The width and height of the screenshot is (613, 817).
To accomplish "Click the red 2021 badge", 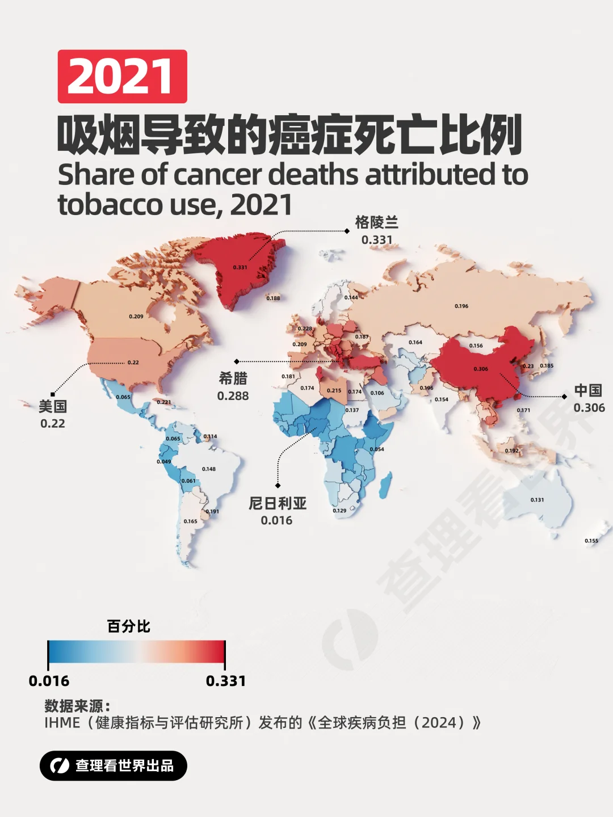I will [122, 77].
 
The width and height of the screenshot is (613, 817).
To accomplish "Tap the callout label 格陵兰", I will [376, 222].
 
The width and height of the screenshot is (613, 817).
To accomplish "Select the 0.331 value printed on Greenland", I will [240, 267].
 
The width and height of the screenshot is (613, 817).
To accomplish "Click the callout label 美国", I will [53, 406].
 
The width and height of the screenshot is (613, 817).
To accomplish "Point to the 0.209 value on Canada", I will [136, 317].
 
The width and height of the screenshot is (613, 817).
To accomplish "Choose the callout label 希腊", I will [233, 378].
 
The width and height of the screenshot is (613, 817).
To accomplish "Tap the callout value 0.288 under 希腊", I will [233, 396].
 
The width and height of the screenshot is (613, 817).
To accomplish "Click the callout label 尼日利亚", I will [278, 503].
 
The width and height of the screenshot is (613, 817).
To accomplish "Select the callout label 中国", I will [588, 390].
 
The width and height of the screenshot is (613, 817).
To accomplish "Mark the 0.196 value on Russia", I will [461, 306].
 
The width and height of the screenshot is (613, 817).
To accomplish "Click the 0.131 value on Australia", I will [537, 500].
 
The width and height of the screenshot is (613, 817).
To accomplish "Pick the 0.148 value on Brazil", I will [209, 469].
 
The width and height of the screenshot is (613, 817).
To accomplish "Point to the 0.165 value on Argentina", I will [191, 521].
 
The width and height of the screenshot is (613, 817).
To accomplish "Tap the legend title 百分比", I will [129, 626].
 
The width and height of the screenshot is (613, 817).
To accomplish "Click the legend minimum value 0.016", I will [49, 681].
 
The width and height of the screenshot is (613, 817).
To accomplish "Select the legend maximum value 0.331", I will [226, 681].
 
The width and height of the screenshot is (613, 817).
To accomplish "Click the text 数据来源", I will [74, 706].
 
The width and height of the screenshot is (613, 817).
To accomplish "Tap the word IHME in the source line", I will [62, 723].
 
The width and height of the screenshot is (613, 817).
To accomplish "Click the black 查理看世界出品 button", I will [114, 765].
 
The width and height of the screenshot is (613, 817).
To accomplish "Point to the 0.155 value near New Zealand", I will [591, 541].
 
